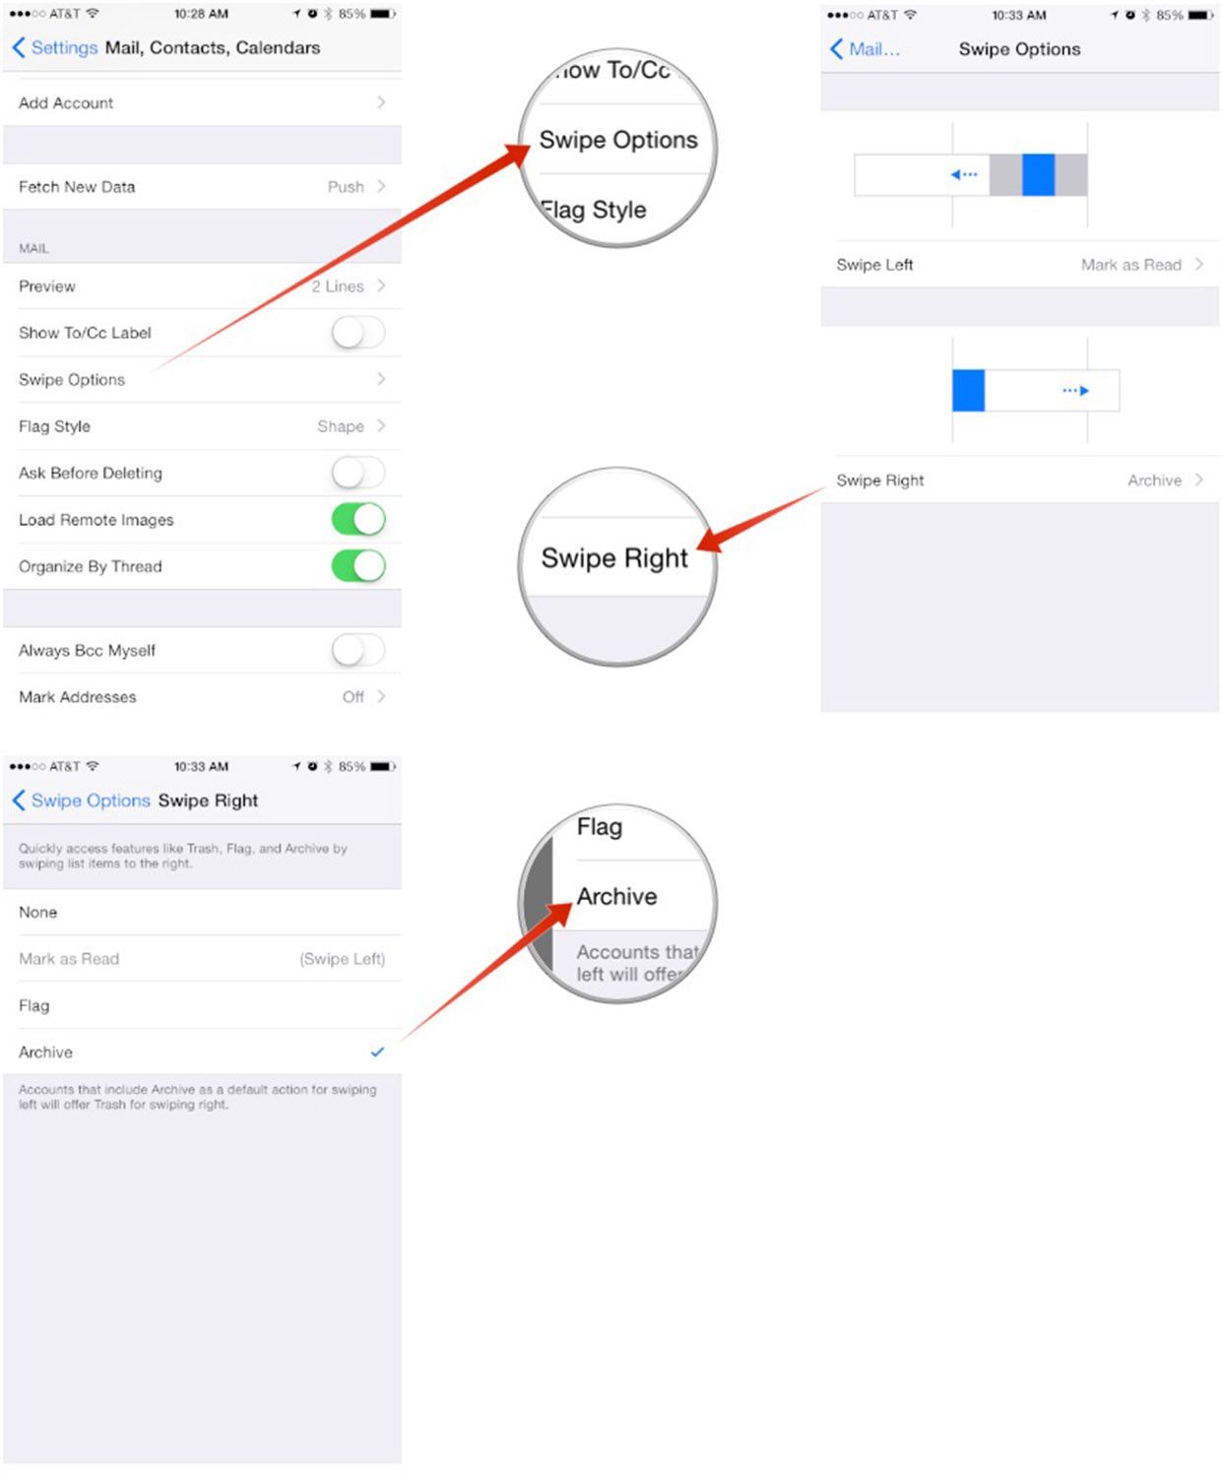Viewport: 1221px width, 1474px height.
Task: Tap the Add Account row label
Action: click(66, 103)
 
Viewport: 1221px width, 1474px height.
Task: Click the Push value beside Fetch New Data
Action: click(346, 187)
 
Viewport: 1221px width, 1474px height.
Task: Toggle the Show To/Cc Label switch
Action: click(358, 333)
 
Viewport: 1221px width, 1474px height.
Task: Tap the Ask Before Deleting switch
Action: click(358, 473)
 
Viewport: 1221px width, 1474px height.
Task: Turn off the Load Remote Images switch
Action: click(358, 520)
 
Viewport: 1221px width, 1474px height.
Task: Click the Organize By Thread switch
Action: click(358, 566)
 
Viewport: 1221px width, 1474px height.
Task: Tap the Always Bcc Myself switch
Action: click(358, 650)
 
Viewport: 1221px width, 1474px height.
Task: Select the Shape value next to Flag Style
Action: click(341, 426)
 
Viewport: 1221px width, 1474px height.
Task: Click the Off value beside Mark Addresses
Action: click(353, 697)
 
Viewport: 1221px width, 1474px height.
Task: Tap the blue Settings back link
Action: click(55, 48)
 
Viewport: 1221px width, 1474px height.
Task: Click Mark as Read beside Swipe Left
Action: click(1130, 265)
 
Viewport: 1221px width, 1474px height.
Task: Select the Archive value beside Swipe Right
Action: click(1154, 481)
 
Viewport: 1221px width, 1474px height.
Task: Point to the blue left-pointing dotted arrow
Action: click(964, 174)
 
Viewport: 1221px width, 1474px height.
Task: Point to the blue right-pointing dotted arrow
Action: click(1075, 390)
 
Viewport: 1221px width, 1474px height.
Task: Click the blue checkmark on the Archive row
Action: click(377, 1052)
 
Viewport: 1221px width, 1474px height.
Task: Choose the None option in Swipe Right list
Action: click(38, 912)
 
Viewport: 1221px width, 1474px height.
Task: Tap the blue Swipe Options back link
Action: click(81, 801)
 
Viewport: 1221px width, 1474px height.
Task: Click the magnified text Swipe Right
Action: click(613, 558)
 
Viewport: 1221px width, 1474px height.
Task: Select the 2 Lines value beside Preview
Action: click(338, 286)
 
